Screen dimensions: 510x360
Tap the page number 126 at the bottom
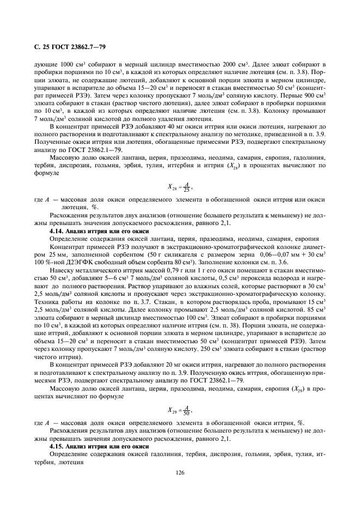click(x=180, y=473)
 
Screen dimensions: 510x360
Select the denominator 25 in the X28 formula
click(x=185, y=190)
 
